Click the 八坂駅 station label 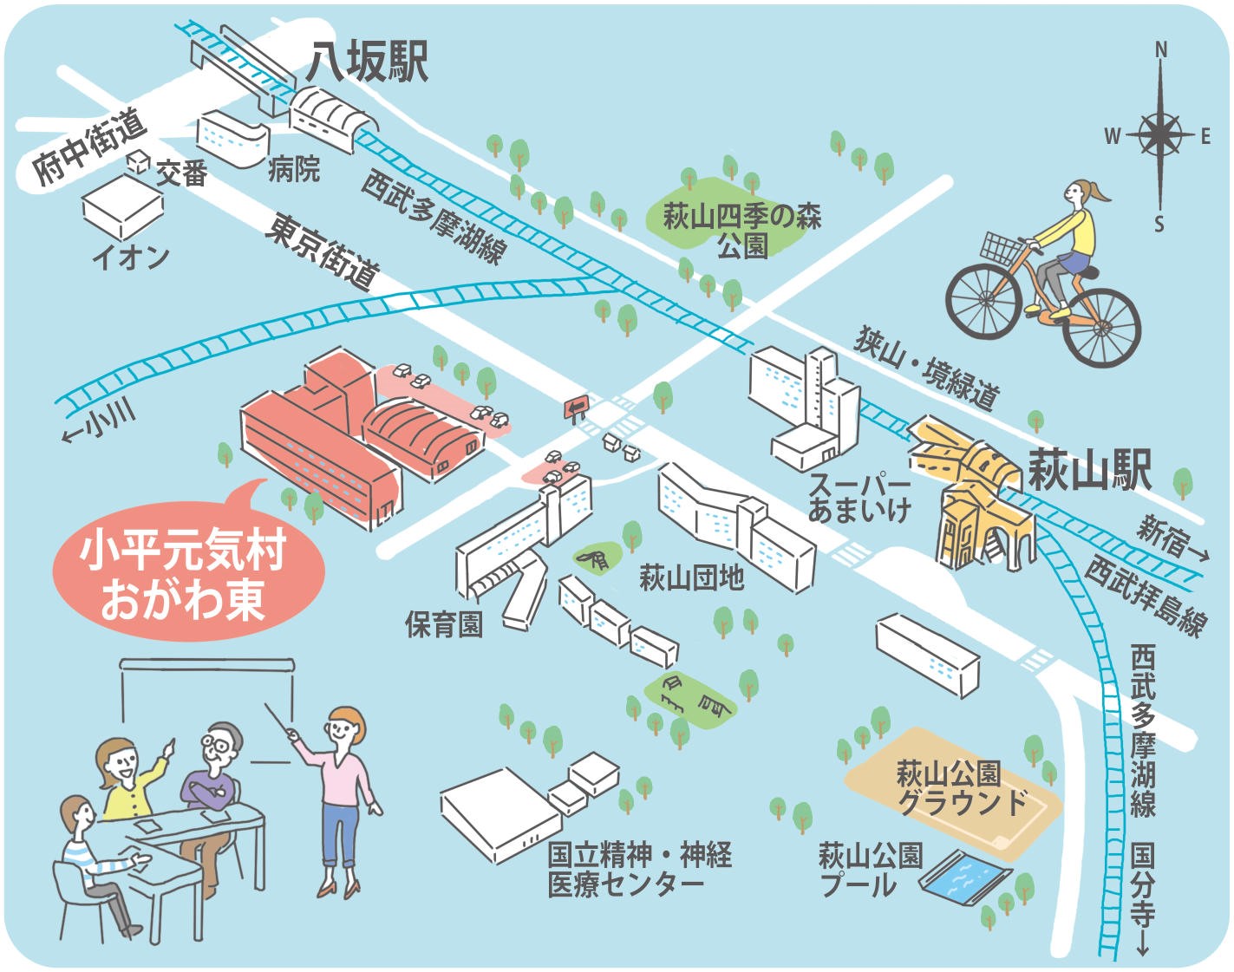point(367,63)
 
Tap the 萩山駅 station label point(1089,471)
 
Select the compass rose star point(1160,135)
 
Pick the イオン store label point(130,257)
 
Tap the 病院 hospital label point(294,168)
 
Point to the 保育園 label point(443,623)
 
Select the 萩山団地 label point(691,577)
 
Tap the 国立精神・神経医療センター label point(639,870)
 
